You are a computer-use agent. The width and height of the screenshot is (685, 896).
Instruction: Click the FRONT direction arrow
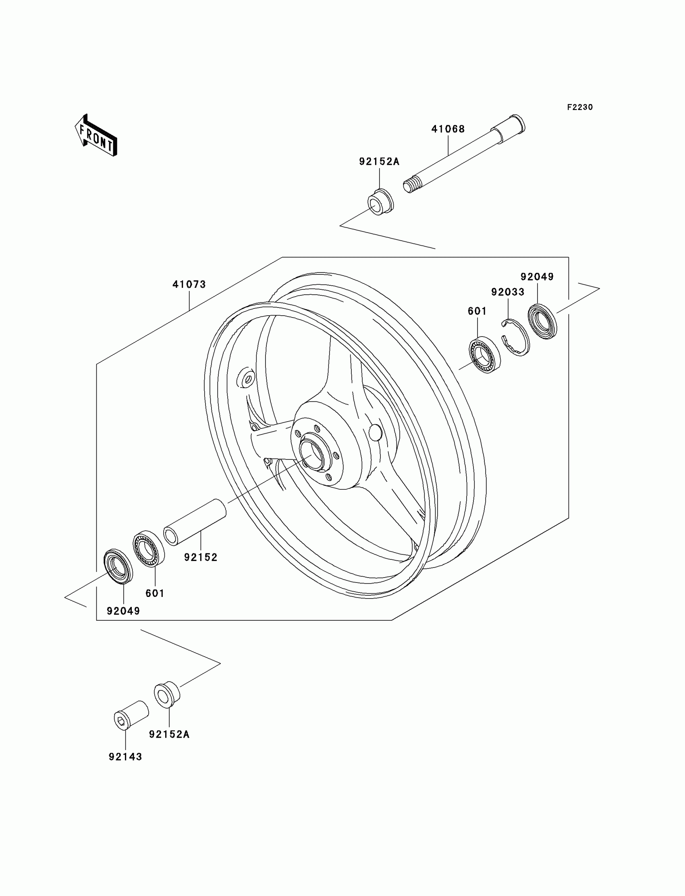97,135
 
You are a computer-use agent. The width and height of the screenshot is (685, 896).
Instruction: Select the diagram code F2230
579,107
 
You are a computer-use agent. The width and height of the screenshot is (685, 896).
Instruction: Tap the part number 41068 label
448,129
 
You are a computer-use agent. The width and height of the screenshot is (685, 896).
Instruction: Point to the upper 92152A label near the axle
379,162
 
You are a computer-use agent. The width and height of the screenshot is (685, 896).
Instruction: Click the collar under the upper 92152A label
380,202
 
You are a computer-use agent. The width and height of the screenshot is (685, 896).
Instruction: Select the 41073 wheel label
189,285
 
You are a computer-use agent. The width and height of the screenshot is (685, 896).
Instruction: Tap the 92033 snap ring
515,338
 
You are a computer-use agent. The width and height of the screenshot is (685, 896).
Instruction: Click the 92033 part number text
507,292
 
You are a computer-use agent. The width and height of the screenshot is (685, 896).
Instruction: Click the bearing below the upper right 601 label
484,355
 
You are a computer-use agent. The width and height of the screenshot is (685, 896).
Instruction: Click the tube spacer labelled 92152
195,522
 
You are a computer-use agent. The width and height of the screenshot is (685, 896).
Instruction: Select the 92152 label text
201,557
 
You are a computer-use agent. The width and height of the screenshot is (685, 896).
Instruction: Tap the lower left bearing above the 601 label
149,549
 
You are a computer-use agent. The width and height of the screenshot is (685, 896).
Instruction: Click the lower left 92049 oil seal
118,566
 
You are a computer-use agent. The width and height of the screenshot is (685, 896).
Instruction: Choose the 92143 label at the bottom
125,757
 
